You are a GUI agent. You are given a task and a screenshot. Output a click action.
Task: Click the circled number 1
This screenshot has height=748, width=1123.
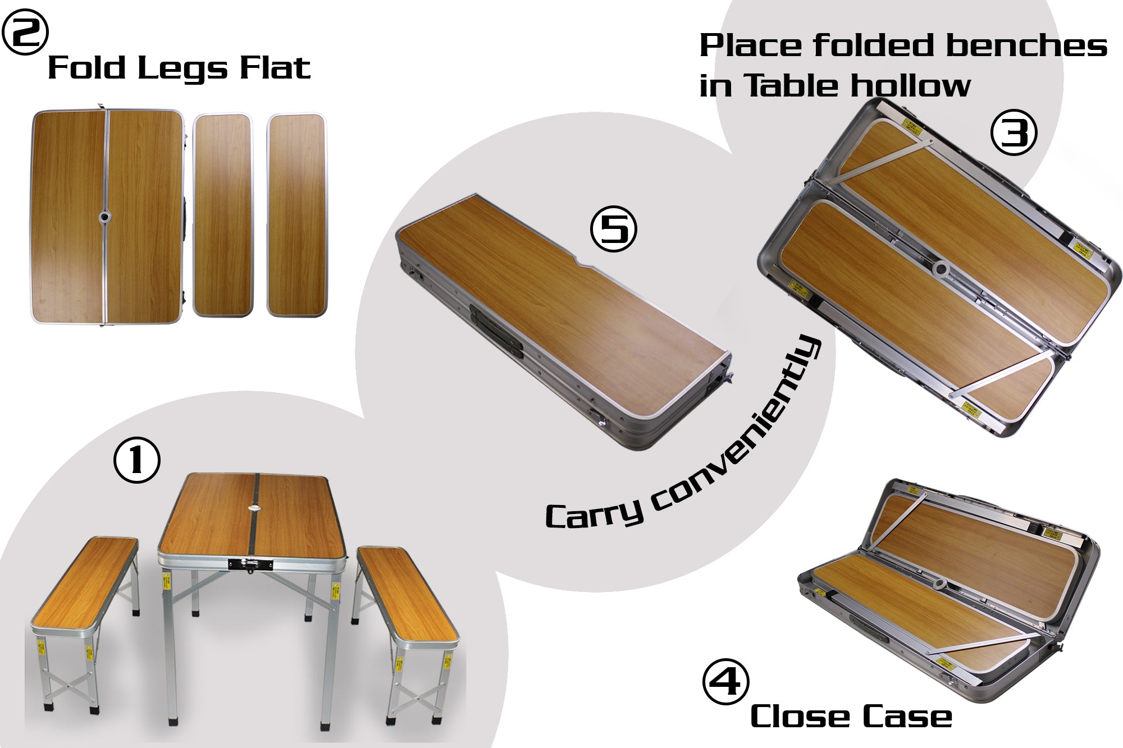137,461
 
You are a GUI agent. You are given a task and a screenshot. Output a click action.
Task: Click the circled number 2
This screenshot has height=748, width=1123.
25,34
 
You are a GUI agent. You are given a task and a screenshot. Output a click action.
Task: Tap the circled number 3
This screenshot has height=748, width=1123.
1014,134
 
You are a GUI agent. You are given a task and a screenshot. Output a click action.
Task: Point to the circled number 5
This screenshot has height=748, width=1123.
614,229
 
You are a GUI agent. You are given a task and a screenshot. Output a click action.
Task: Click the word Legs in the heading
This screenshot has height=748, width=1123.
182,68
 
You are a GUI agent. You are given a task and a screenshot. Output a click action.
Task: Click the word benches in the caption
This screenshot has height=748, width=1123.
1026,46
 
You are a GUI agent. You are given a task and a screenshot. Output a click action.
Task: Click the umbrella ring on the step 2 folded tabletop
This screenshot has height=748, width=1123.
105,216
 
